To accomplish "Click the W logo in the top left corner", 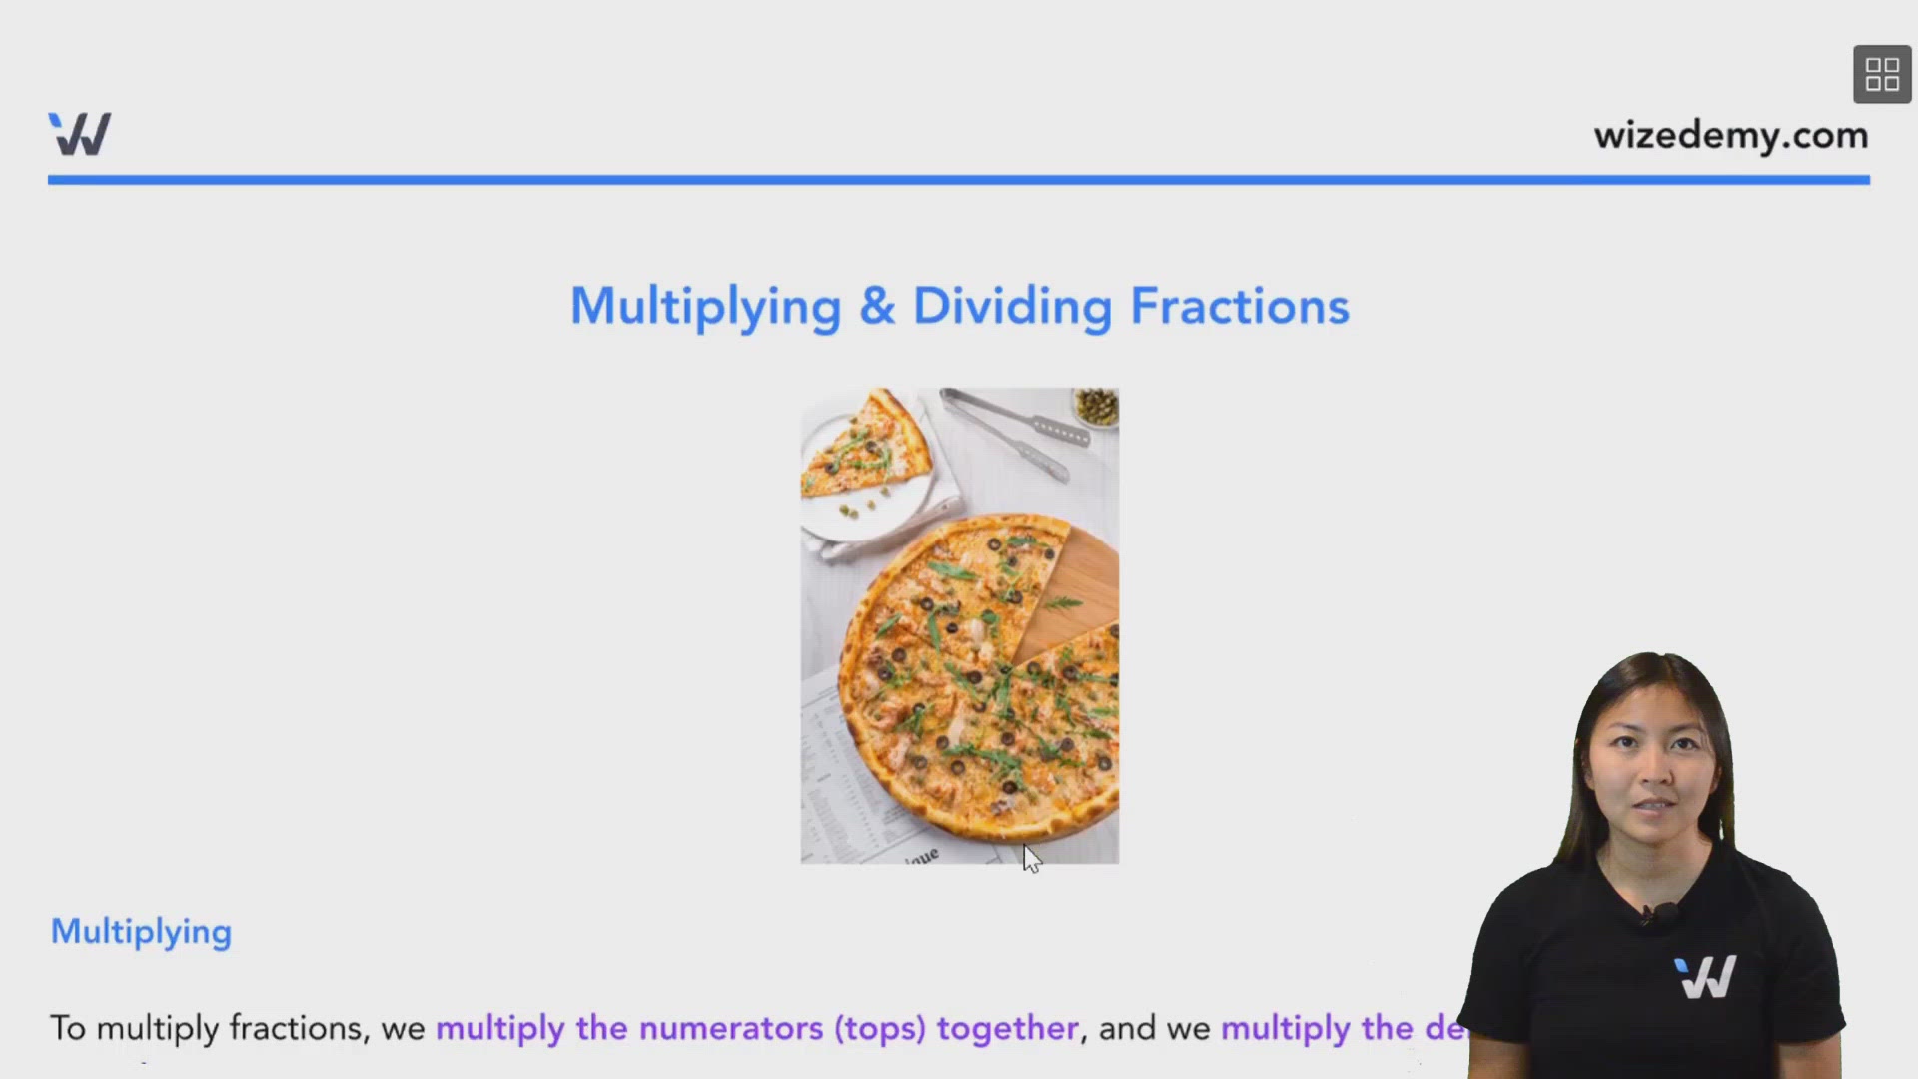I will [80, 134].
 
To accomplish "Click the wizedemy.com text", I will [1730, 135].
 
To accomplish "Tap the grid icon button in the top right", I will [1882, 74].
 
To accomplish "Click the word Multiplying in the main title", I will [705, 307].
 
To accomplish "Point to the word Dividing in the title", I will [1012, 307].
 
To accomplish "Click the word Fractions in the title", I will [1240, 306].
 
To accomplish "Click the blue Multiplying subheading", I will [141, 931].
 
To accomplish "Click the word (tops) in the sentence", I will [880, 1028].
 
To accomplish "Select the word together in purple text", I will [1007, 1028].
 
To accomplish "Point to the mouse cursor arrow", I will [1030, 857].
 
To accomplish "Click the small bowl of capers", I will [1096, 406].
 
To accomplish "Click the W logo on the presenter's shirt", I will [1705, 977].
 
